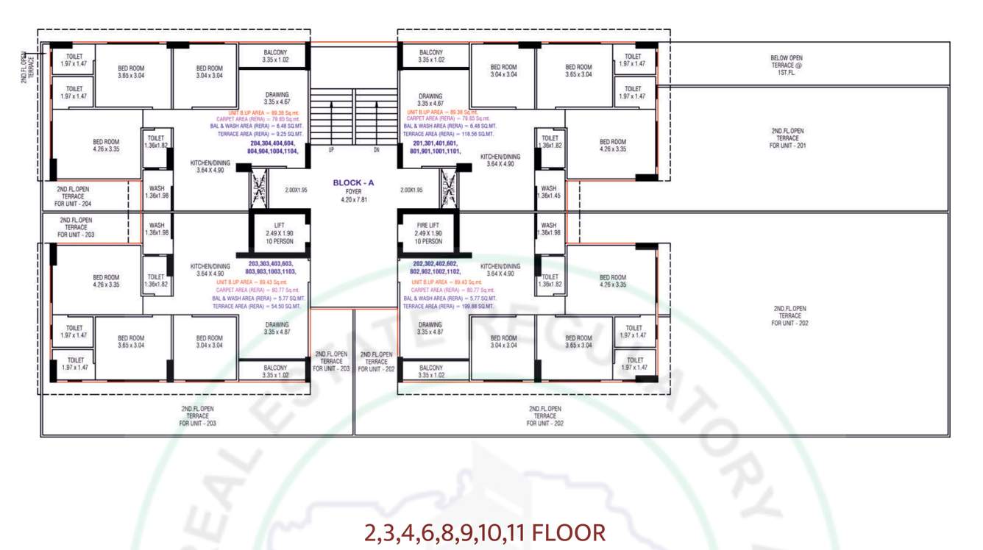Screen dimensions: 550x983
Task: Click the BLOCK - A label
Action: coord(353,183)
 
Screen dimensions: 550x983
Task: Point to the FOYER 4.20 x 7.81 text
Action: coord(353,196)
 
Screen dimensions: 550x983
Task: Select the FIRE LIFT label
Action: coord(427,226)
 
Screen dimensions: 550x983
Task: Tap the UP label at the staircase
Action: coord(331,150)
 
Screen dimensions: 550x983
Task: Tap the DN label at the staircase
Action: coord(376,150)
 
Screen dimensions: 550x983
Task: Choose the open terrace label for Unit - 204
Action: coord(73,196)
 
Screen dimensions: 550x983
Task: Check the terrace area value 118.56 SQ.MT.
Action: coord(449,135)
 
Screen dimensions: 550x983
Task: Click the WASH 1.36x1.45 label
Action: coord(549,192)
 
